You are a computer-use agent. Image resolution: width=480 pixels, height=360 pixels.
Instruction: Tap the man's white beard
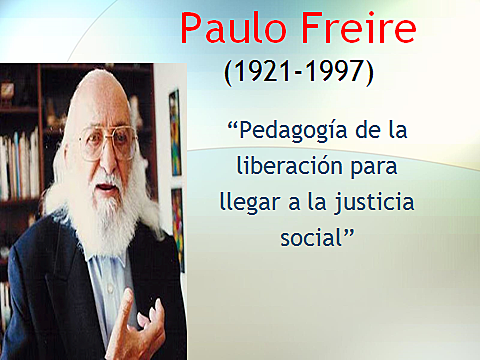point(100,215)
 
